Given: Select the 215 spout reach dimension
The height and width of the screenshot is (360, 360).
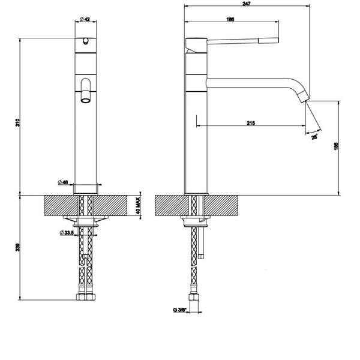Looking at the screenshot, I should pos(251,122).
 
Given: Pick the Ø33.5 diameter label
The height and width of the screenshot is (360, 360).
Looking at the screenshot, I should pos(65,233).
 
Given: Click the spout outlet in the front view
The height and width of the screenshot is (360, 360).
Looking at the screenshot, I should pos(86,98).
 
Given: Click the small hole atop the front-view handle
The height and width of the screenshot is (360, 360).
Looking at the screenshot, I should pos(85,41).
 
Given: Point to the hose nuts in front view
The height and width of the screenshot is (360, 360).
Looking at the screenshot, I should pos(85,296).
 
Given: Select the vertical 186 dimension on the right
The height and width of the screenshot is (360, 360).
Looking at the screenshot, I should pos(336,146).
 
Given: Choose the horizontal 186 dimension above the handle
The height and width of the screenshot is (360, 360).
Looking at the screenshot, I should pos(230,20).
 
